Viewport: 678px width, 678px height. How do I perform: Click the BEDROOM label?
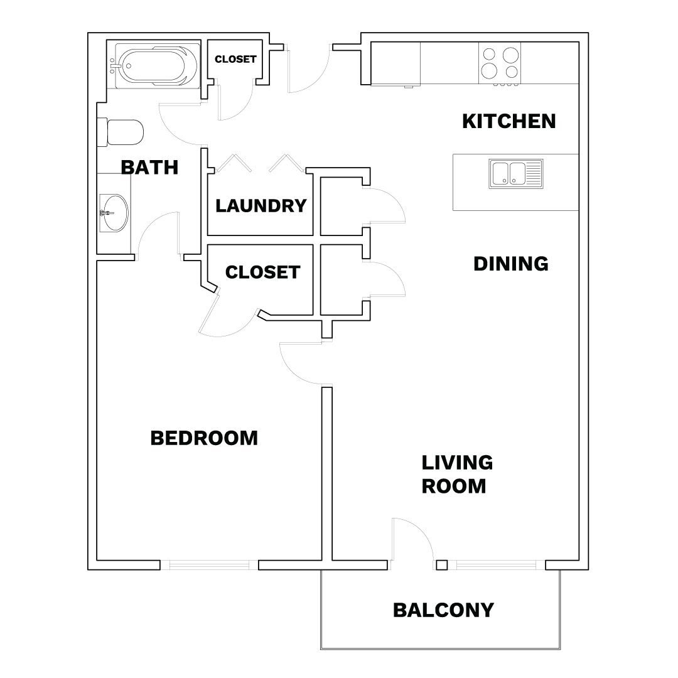(204, 438)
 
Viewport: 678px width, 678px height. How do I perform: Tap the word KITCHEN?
(509, 121)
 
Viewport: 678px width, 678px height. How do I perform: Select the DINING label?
(511, 264)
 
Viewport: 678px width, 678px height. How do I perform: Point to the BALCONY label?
(444, 610)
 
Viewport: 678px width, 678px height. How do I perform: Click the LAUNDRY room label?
(261, 206)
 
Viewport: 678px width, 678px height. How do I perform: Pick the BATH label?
(149, 168)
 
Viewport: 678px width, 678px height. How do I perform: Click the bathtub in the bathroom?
(154, 65)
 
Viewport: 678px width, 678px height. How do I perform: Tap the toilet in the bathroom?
(120, 132)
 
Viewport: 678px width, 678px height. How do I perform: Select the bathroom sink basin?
(114, 213)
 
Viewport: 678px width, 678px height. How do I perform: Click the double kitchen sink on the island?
(516, 174)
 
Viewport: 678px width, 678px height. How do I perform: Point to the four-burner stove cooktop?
(500, 63)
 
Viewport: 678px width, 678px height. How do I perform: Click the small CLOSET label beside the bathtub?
(235, 59)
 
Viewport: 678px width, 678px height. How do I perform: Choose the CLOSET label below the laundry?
(263, 272)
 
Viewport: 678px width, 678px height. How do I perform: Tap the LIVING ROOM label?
(457, 475)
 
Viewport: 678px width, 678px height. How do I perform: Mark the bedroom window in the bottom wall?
(209, 565)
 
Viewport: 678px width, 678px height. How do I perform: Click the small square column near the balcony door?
(441, 565)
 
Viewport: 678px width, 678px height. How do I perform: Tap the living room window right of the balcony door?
(496, 565)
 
